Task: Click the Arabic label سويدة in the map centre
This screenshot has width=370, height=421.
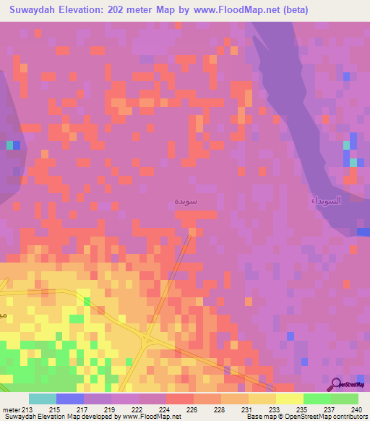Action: (x=186, y=200)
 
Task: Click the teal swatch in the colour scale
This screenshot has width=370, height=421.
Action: (x=43, y=399)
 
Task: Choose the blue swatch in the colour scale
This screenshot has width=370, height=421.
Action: (x=70, y=399)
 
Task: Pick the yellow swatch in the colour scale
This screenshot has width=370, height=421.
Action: (x=289, y=399)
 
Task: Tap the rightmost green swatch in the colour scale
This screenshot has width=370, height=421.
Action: (x=344, y=399)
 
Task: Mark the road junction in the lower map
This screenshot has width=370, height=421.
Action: (x=147, y=338)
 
